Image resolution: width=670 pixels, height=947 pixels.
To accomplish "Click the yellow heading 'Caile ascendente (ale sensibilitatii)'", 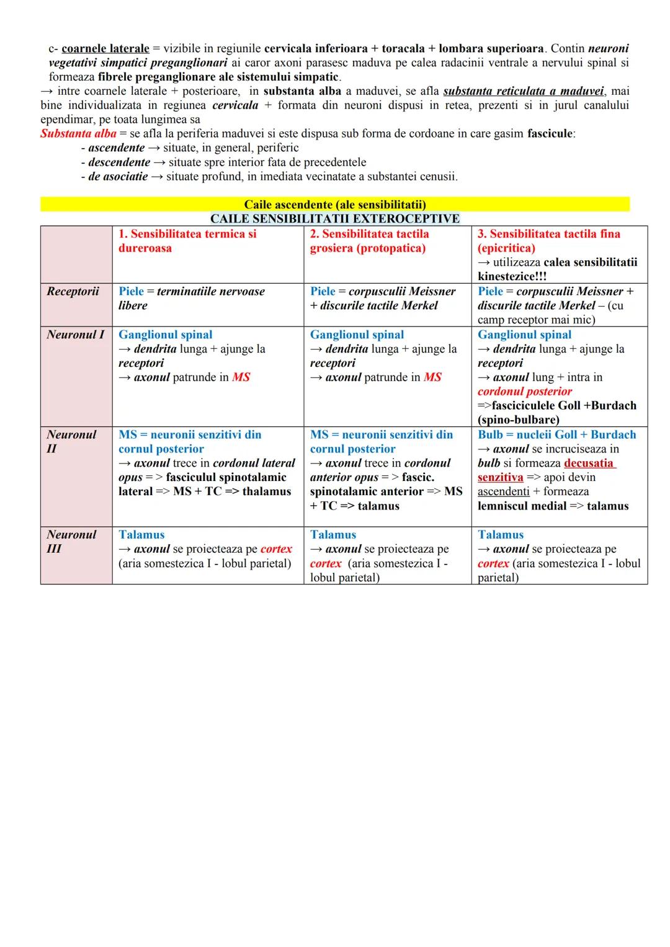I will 335,205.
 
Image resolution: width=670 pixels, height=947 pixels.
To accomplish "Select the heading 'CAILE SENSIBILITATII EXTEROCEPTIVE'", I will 335,219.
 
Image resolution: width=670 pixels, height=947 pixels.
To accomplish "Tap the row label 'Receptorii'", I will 73,291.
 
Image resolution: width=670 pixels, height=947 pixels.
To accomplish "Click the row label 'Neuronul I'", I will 75,335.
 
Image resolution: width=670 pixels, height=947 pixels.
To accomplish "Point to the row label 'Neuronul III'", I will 71,542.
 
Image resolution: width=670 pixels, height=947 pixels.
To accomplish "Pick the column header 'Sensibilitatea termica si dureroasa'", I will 187,241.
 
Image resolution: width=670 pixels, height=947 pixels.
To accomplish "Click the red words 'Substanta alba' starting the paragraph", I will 78,134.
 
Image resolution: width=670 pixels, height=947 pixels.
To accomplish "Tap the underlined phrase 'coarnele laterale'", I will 105,48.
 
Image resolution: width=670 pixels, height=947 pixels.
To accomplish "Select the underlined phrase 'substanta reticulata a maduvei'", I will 523,91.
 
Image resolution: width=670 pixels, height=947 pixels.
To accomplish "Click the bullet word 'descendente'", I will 119,162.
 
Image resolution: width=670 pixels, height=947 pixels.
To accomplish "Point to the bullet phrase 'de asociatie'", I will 118,177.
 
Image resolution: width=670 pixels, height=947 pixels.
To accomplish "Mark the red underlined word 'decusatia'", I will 589,463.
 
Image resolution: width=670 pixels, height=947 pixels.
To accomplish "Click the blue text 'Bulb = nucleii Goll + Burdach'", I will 556,434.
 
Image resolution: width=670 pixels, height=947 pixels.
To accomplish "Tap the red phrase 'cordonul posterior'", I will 524,392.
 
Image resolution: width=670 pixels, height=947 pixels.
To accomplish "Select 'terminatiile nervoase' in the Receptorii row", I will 211,291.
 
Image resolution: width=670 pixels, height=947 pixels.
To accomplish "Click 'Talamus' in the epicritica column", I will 500,534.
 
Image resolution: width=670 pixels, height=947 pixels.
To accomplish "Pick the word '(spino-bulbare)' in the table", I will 518,420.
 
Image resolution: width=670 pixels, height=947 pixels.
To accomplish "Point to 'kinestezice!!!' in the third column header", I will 512,276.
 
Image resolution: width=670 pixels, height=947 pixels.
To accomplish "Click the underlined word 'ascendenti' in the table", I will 503,491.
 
